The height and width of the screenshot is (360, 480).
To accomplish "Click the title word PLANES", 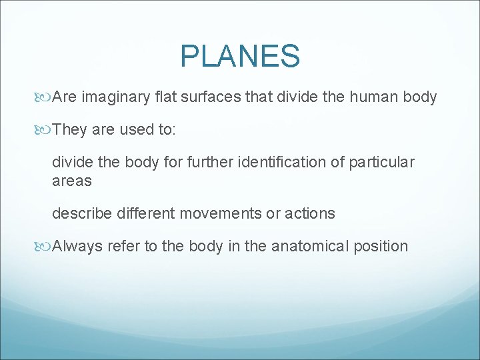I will click(240, 57).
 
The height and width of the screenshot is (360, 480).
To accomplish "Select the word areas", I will click(71, 181).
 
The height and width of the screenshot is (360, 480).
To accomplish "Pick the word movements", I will click(224, 213).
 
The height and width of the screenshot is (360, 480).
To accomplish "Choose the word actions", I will click(310, 213).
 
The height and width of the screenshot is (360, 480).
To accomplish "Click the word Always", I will click(77, 246).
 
